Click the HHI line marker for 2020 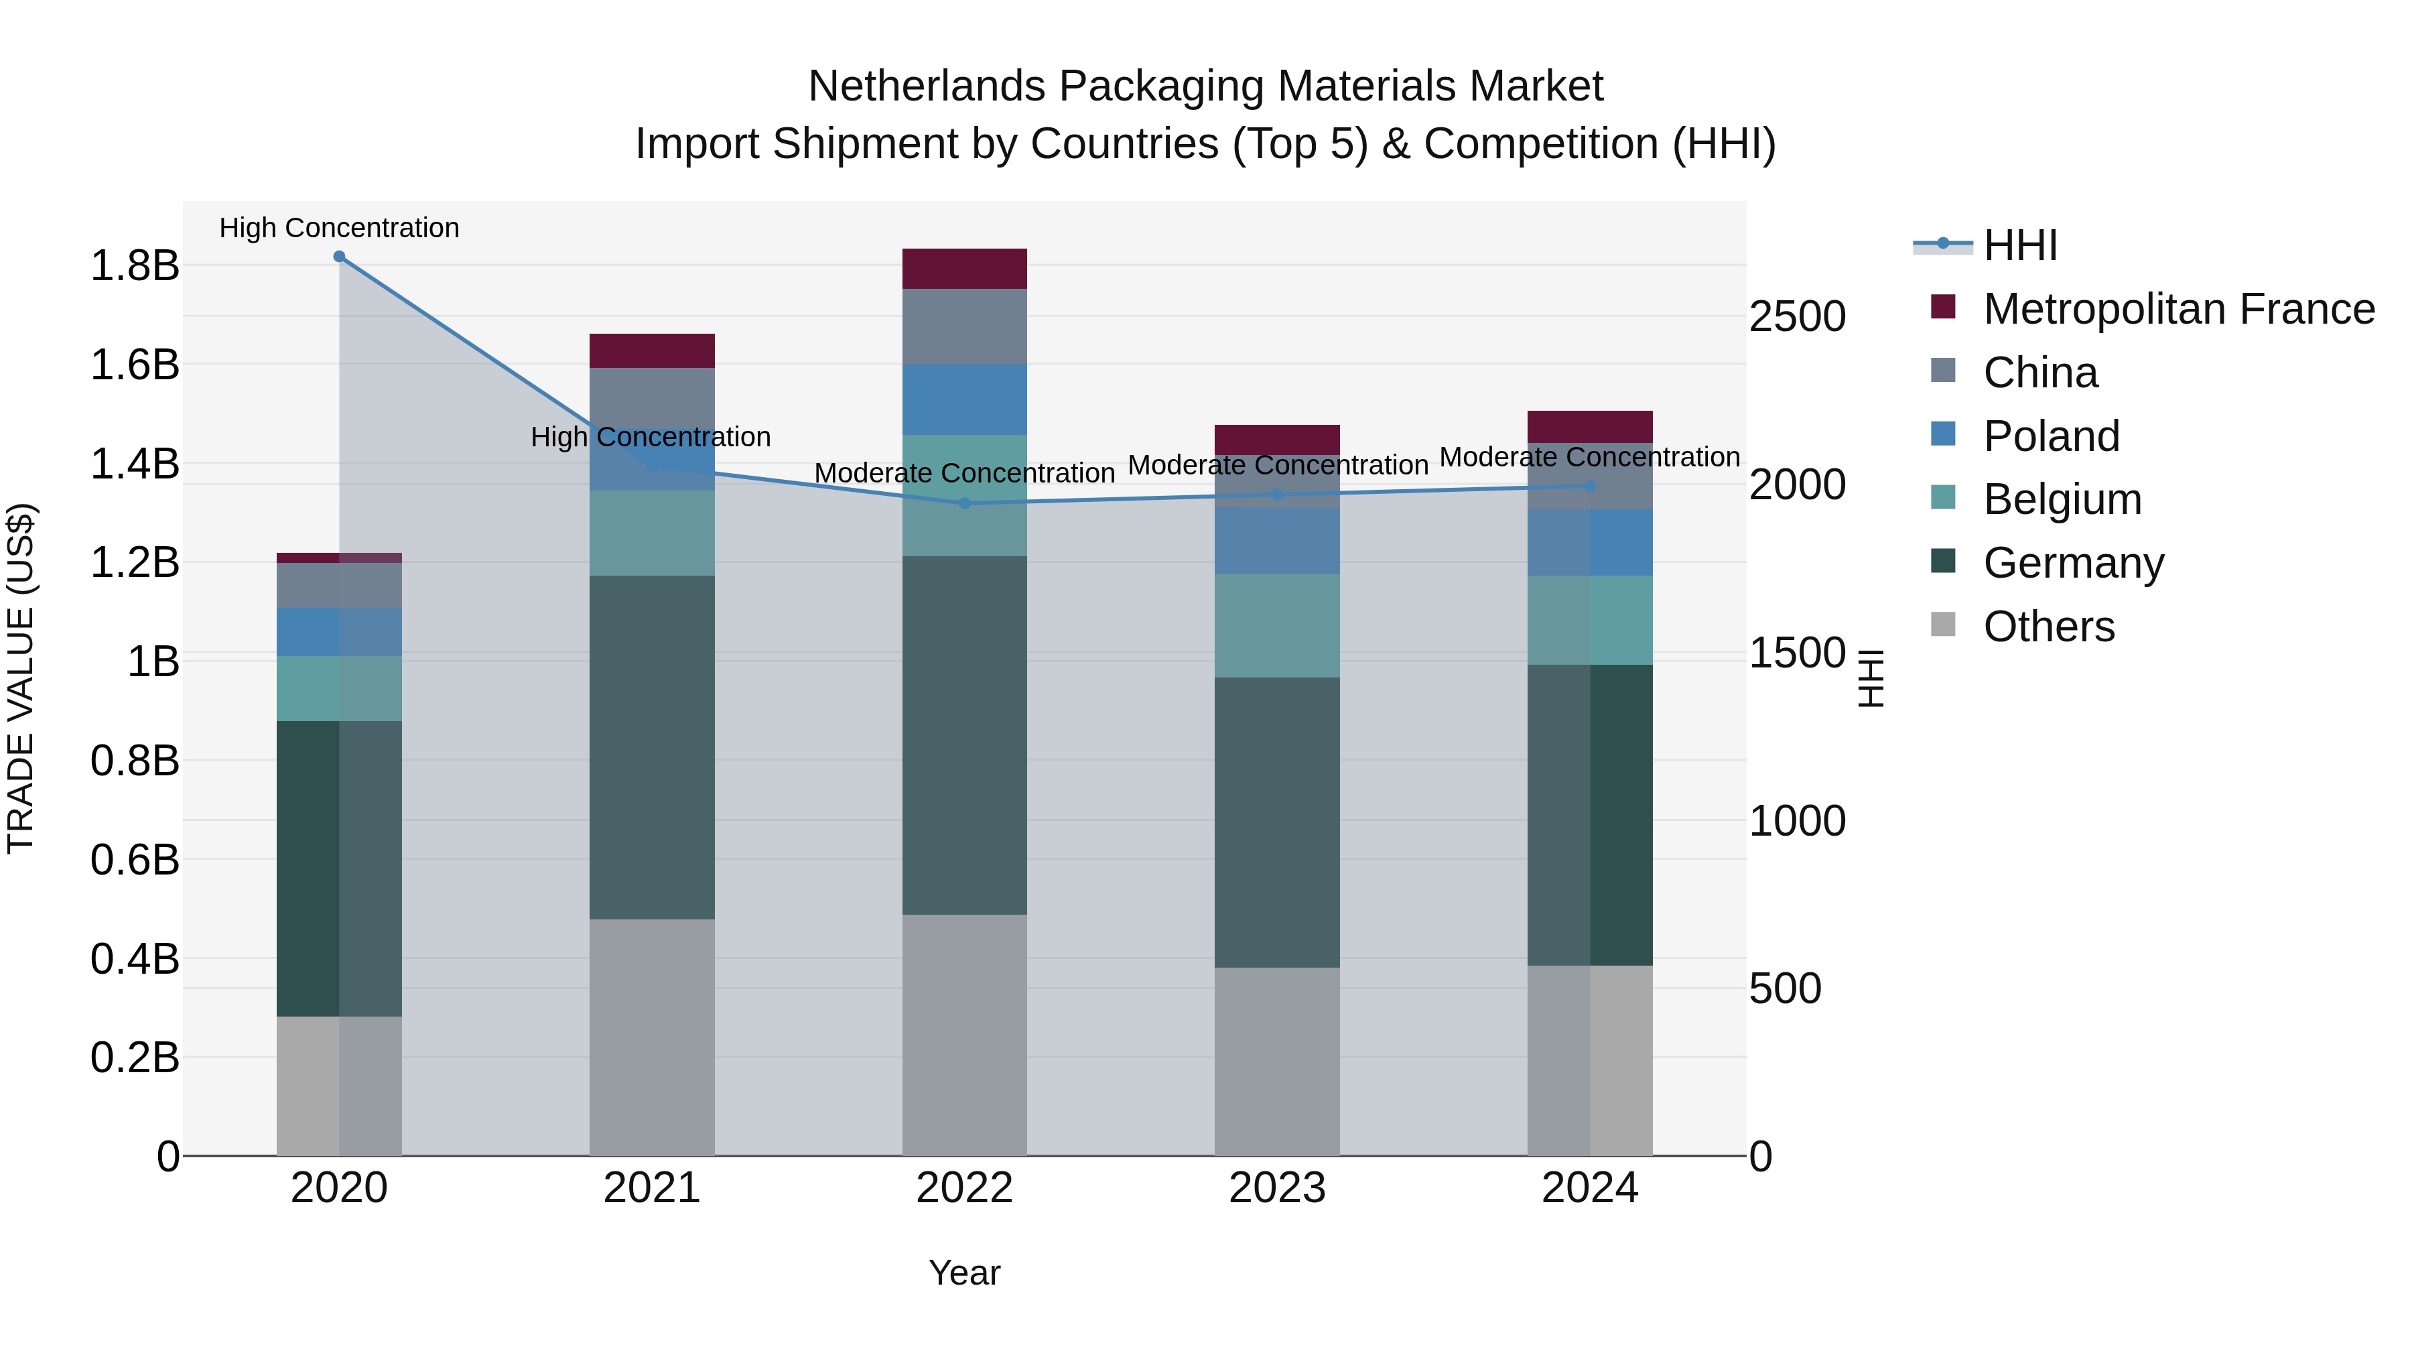click(x=339, y=257)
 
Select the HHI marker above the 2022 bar click(x=964, y=503)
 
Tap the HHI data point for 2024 click(x=1590, y=486)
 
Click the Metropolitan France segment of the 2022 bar click(x=964, y=269)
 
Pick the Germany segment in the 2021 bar click(x=652, y=747)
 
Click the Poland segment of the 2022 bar click(x=964, y=400)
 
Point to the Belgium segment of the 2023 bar click(x=1277, y=626)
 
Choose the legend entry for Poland click(x=2051, y=436)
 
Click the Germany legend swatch click(x=1943, y=562)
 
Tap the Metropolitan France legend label click(x=2178, y=309)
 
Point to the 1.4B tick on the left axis click(x=134, y=464)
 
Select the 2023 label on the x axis click(x=1277, y=1188)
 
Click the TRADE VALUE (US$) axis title click(x=21, y=678)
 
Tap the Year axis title click(x=964, y=1273)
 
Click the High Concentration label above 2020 click(x=339, y=228)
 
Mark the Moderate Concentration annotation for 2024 click(x=1589, y=457)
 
